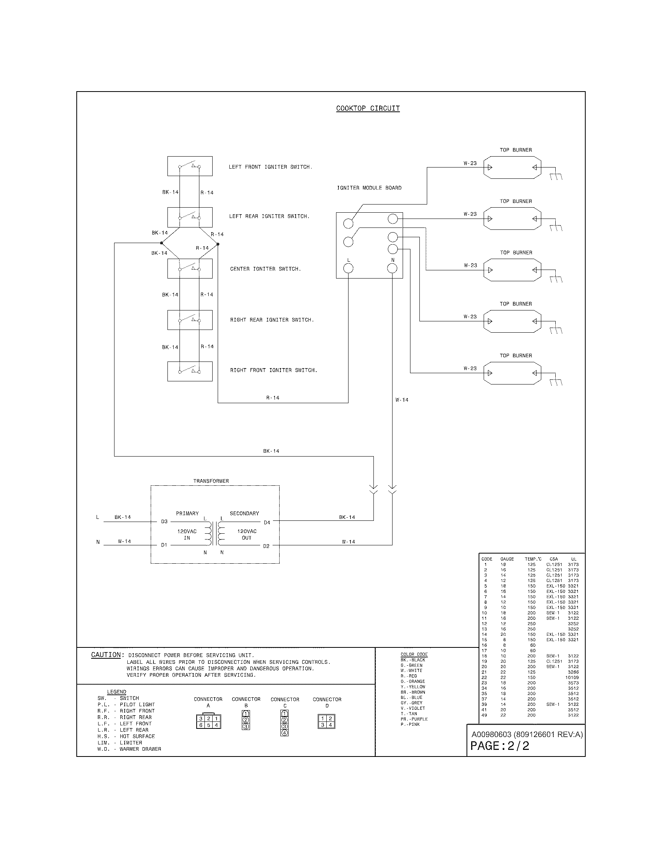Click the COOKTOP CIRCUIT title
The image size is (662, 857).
368,108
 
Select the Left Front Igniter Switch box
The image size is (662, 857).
190,166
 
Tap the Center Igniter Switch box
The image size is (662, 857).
190,268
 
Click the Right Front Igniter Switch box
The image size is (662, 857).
190,371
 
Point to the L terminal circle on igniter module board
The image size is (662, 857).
348,268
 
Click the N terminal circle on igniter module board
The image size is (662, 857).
392,268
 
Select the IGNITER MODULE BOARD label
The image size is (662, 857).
369,188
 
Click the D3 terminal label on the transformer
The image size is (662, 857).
164,522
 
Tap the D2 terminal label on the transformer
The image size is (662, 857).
266,546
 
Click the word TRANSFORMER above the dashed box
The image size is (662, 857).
211,481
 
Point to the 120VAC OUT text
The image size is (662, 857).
246,534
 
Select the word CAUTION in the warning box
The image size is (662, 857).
106,655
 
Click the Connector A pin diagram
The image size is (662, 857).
208,721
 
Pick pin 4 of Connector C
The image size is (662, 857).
285,733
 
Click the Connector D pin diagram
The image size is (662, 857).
326,721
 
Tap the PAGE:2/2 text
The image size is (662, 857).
500,746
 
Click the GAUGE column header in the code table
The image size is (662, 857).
507,559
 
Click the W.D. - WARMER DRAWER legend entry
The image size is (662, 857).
129,749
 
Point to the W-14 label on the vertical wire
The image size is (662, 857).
401,400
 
